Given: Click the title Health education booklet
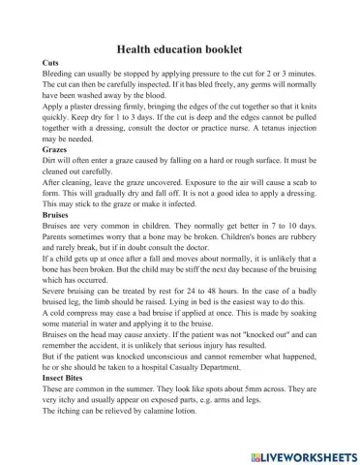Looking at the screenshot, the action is point(184,46).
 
